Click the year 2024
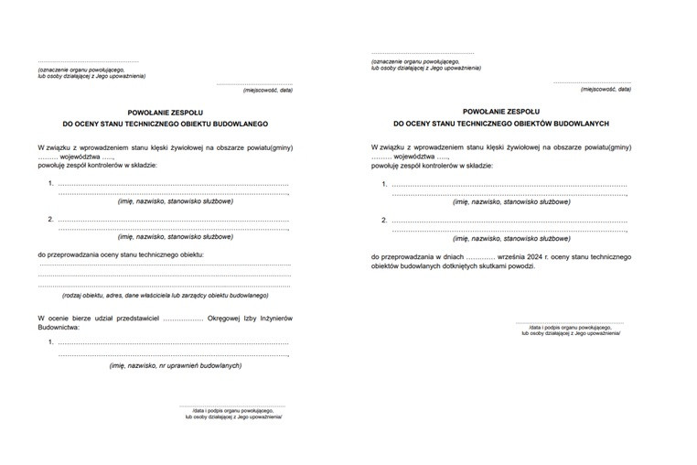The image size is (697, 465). tap(532, 257)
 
